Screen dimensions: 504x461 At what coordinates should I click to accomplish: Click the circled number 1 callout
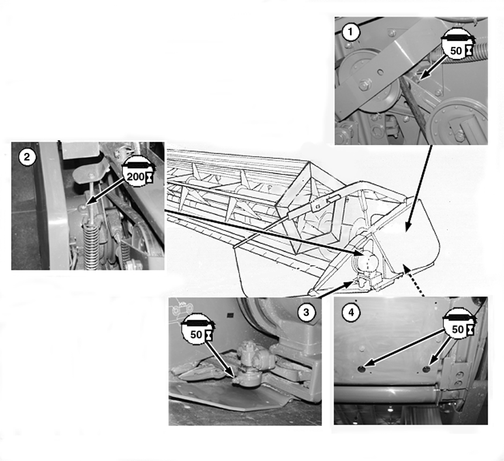tap(350, 32)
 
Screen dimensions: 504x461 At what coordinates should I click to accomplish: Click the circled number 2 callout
tap(27, 157)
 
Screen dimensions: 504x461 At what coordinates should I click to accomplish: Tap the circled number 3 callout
tap(305, 312)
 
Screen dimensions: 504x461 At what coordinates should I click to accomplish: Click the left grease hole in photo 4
tap(362, 369)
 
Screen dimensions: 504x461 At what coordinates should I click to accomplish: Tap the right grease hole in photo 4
tap(426, 369)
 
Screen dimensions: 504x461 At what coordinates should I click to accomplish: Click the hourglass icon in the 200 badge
tap(149, 177)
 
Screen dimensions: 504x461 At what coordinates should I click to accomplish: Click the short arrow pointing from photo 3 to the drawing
tap(337, 288)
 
